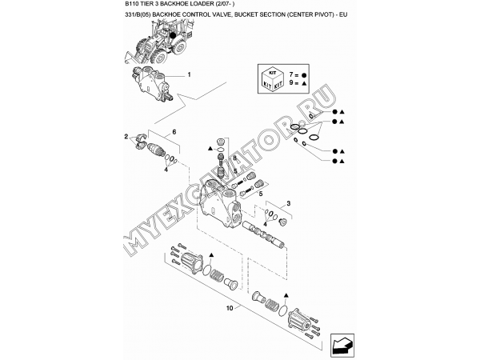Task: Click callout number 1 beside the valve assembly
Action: pyautogui.click(x=189, y=74)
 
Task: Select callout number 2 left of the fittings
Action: pyautogui.click(x=125, y=138)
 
